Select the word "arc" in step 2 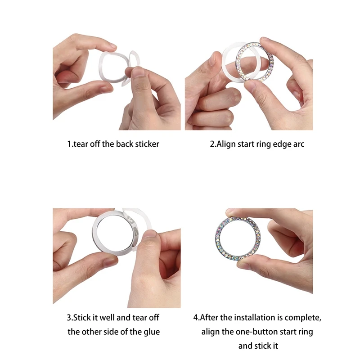point(299,144)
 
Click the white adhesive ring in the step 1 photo point(101,69)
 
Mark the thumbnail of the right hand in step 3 point(150,234)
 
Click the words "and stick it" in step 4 point(258,346)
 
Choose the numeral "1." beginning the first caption point(70,144)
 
